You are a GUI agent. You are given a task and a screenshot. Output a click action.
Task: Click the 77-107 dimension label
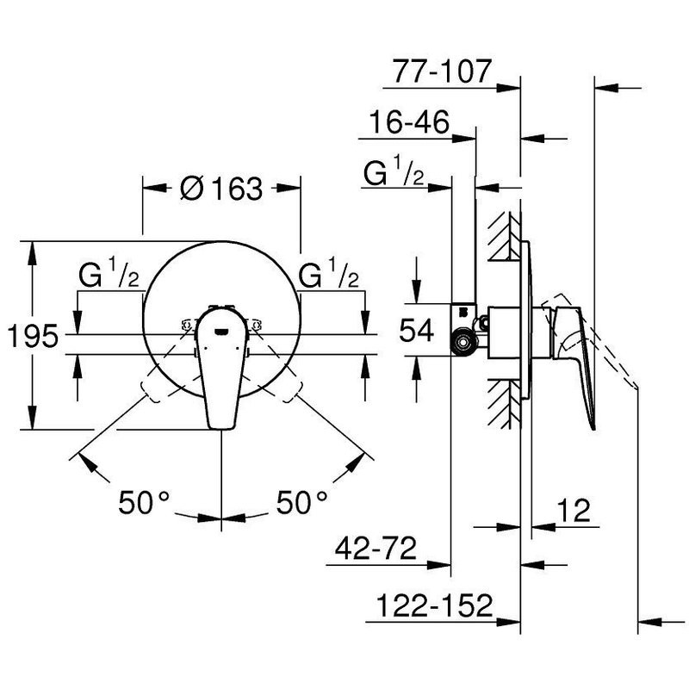coord(441,71)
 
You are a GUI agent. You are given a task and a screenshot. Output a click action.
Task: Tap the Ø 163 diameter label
coord(222,189)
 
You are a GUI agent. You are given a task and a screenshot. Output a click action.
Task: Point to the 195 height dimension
coord(33,336)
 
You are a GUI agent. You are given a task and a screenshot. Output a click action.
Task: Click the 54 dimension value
coord(417,331)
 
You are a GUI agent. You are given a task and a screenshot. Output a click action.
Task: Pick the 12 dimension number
coord(574,510)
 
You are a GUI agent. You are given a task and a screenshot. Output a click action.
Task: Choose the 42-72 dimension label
coord(376,548)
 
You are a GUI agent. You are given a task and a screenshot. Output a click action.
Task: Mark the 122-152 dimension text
coord(435,605)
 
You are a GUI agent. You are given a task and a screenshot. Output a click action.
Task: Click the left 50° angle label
coord(144,502)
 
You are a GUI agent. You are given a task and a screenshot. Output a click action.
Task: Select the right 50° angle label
coord(302,502)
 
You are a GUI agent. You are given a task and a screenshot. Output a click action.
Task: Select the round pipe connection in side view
coord(462,342)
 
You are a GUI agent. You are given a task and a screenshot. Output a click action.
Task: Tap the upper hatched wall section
coord(505,236)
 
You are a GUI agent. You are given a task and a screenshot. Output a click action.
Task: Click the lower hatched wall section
coord(505,403)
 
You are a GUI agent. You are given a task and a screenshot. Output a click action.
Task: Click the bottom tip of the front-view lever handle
coord(221,428)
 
